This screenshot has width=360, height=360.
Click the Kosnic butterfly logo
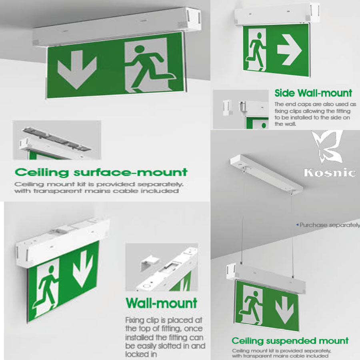click(x=328, y=147)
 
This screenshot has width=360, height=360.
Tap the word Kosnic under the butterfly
click(x=330, y=173)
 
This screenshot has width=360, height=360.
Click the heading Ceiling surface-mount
click(x=101, y=172)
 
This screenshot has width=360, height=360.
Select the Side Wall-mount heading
click(x=313, y=93)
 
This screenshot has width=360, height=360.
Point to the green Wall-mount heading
click(x=162, y=303)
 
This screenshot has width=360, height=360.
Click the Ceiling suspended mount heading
click(x=290, y=341)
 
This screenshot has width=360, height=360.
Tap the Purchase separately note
click(x=328, y=225)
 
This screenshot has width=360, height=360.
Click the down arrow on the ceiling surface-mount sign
click(x=77, y=69)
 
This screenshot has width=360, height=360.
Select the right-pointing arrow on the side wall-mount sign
click(x=289, y=50)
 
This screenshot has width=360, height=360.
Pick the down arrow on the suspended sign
click(x=284, y=310)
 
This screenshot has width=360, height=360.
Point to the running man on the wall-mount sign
click(x=45, y=287)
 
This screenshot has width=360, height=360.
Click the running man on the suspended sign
click(x=252, y=305)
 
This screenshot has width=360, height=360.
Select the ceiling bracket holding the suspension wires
click(x=266, y=174)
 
